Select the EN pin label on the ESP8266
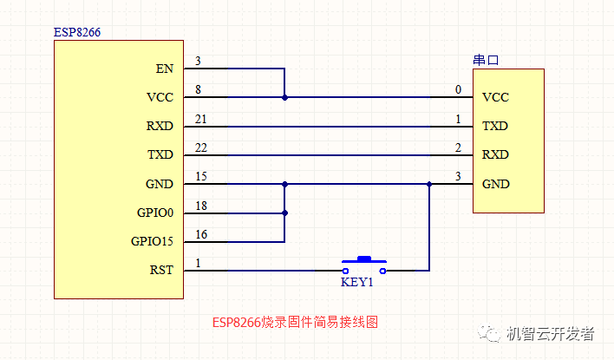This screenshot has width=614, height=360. tap(164, 69)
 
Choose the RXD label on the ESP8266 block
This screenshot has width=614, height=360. tap(160, 126)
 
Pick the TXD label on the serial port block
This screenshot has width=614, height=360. tap(495, 126)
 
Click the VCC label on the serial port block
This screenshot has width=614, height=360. tap(495, 97)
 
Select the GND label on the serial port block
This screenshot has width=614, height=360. tap(495, 184)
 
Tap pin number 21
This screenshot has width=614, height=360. tap(201, 118)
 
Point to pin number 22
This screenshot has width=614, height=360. tap(201, 147)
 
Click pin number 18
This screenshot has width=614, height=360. tap(201, 205)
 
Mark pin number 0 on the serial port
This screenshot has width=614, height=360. tap(458, 89)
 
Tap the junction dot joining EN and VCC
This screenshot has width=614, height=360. tap(284, 97)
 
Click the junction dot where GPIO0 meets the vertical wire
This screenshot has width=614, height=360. tap(284, 213)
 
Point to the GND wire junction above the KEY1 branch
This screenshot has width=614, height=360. tap(428, 184)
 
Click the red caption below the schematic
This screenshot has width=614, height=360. tap(295, 322)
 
